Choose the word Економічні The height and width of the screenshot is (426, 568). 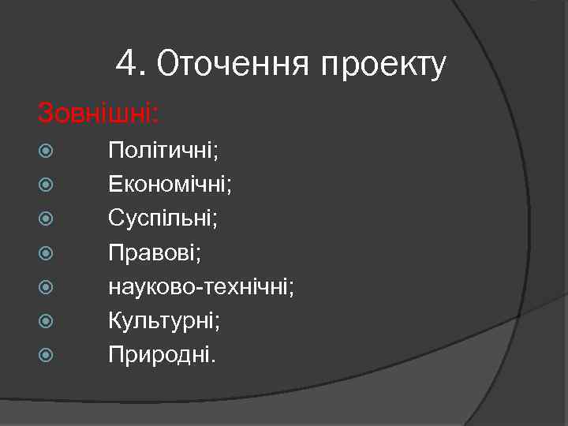170,185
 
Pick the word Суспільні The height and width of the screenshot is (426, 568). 163,219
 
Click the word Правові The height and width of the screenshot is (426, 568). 154,252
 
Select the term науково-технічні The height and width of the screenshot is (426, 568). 201,286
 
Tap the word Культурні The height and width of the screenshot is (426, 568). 165,320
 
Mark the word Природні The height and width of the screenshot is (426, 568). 161,355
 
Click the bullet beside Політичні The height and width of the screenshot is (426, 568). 44,150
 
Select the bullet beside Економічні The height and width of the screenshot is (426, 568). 44,184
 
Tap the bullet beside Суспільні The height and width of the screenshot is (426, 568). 44,218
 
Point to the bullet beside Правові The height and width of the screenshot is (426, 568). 44,252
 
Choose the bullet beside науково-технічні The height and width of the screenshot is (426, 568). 44,286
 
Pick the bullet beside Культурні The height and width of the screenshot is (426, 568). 44,320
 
